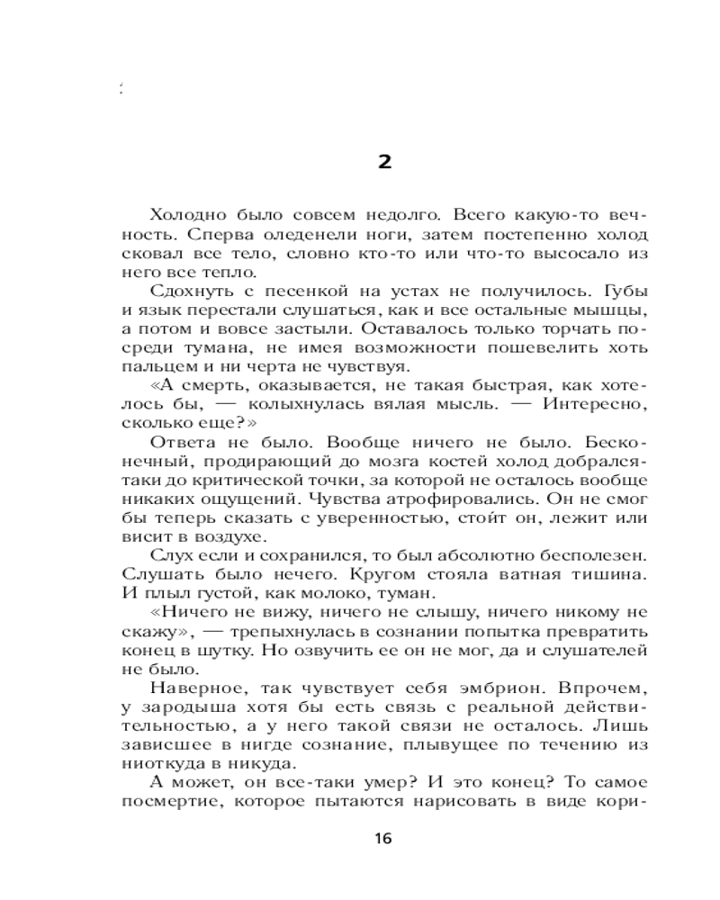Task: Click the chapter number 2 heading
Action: click(384, 162)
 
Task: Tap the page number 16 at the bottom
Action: click(382, 838)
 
